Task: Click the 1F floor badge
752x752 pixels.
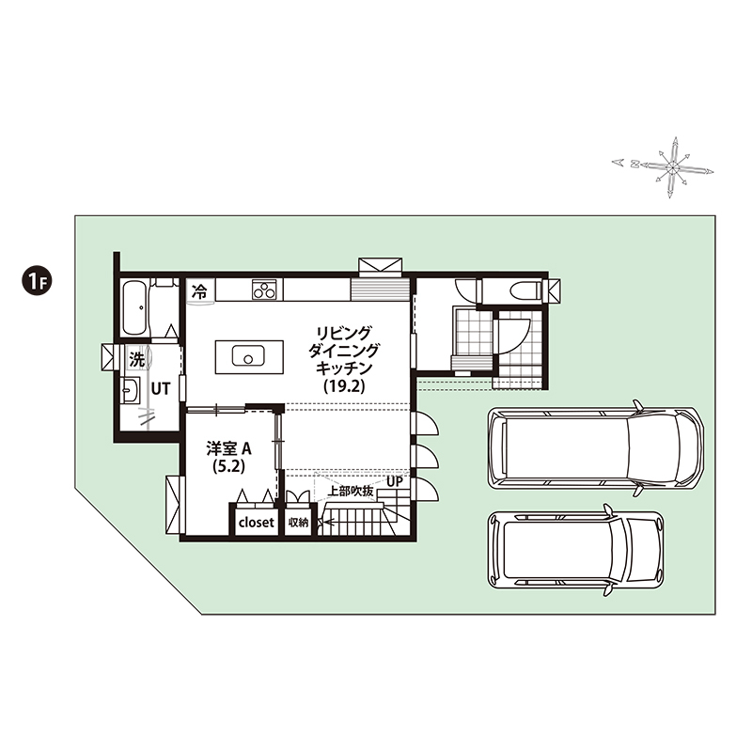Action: click(x=37, y=281)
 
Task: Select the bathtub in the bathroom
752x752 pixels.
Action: click(x=133, y=308)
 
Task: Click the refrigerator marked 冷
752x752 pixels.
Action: click(x=200, y=290)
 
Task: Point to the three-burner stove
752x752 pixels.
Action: click(x=264, y=290)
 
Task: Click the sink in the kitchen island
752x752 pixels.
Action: click(x=248, y=356)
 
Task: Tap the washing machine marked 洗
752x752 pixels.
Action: click(x=137, y=359)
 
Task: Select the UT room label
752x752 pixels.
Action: click(x=160, y=388)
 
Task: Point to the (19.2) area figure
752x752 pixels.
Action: click(x=344, y=386)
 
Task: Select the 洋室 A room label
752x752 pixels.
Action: click(x=228, y=449)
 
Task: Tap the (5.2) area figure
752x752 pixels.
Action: click(x=228, y=466)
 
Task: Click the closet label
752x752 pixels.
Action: click(x=256, y=523)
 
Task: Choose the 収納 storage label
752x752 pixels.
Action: click(x=298, y=523)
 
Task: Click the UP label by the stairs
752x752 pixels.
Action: click(x=394, y=481)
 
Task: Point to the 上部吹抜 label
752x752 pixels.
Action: click(x=350, y=491)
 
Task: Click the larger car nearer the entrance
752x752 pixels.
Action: click(x=596, y=447)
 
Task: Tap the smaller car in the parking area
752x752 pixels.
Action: click(x=576, y=550)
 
